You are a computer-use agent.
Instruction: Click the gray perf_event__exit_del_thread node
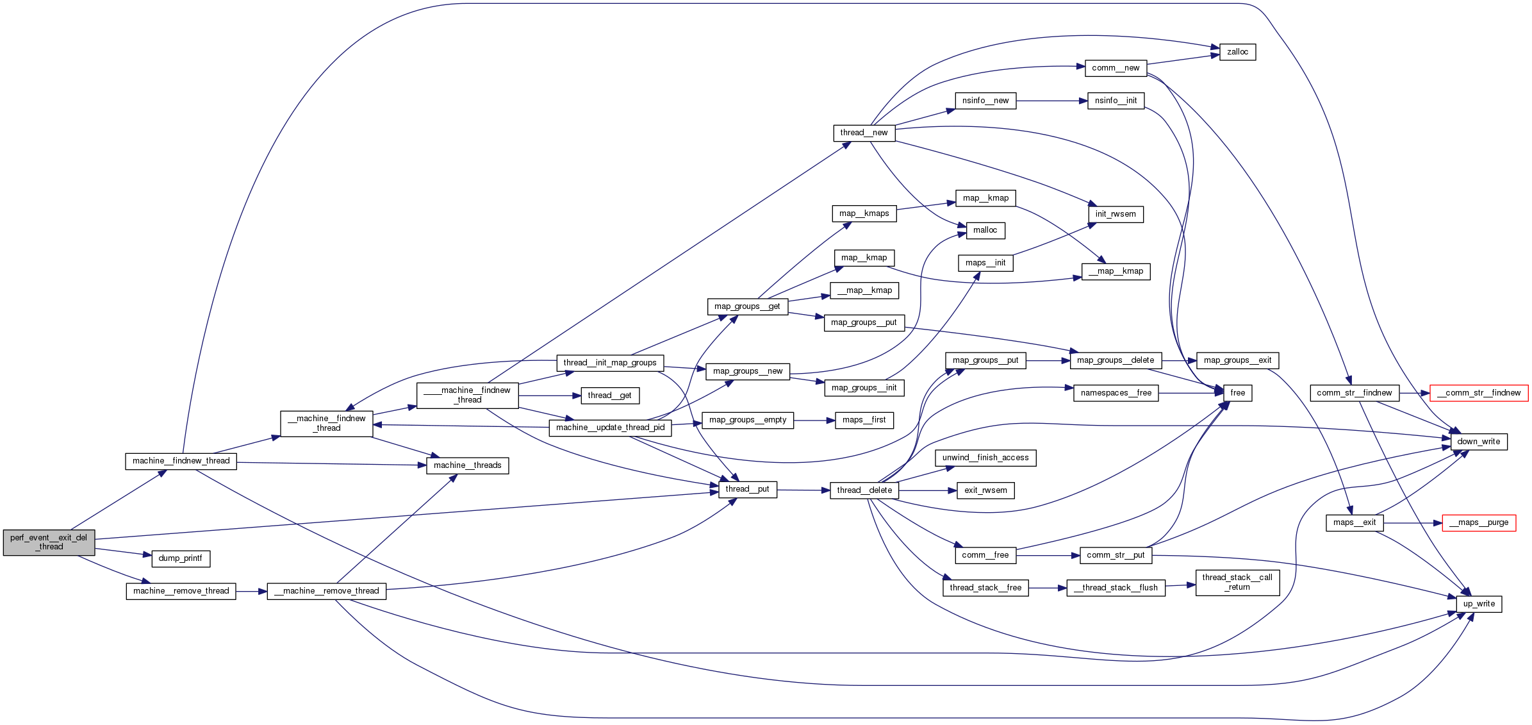(49, 542)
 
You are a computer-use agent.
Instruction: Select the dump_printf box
(181, 558)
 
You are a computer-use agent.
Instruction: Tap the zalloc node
(1237, 52)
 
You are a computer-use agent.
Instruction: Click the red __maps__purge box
(1479, 522)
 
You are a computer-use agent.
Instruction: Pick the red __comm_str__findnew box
(1479, 393)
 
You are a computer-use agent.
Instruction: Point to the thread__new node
(864, 133)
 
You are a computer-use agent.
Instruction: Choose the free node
(1237, 393)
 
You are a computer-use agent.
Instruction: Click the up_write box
(1479, 604)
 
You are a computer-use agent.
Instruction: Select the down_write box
(1478, 442)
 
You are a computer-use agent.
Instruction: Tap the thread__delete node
(864, 490)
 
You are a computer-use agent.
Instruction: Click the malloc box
(985, 230)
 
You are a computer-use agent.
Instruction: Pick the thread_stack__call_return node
(1237, 582)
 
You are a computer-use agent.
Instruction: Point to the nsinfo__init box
(1116, 101)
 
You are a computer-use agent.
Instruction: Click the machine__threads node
(467, 465)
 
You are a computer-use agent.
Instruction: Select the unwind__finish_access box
(985, 458)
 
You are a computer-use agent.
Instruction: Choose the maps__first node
(864, 420)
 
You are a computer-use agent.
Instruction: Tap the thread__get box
(609, 396)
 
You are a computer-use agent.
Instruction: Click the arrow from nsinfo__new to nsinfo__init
(1051, 101)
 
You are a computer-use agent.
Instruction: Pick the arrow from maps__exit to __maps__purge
(1413, 523)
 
